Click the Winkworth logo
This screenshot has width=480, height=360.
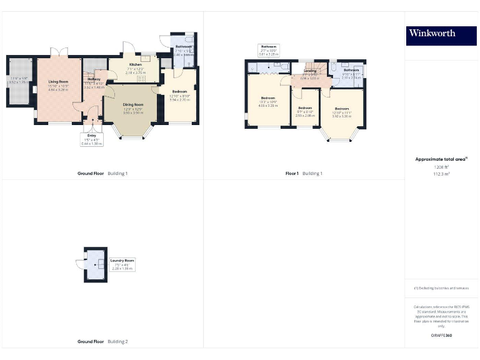click(441, 35)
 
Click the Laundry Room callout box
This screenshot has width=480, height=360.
click(122, 264)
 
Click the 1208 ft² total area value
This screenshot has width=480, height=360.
click(441, 167)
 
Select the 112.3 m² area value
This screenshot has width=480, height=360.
click(441, 174)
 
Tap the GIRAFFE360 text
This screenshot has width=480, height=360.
click(441, 336)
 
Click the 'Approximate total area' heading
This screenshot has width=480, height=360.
click(441, 159)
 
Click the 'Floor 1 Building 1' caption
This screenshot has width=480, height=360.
click(304, 173)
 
